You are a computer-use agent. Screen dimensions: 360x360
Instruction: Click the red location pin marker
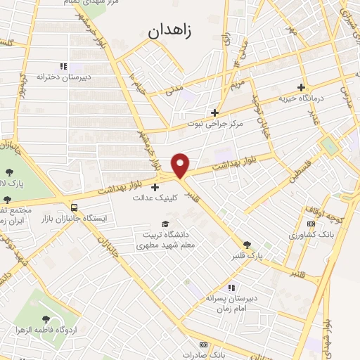tap(181, 165)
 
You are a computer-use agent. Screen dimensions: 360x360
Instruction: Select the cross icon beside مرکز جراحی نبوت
tap(215, 112)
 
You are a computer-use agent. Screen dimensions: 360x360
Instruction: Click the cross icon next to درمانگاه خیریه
tap(302, 88)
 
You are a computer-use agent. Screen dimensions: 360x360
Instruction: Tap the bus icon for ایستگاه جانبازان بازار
tap(74, 207)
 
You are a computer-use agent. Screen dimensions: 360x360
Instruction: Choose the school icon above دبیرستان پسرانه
tap(231, 287)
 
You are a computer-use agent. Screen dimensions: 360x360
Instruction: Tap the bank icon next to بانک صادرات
tap(203, 345)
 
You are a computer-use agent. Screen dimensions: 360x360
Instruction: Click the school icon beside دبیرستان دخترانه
tap(63, 67)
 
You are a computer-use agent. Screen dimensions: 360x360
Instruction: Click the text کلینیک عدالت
tap(155, 198)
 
